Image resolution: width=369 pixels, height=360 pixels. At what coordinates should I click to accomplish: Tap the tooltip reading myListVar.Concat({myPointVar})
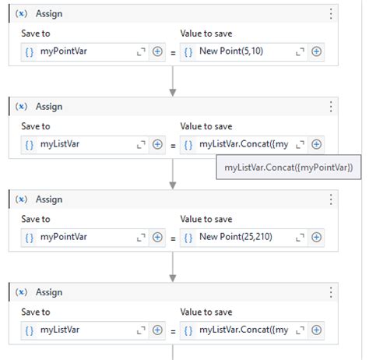click(x=289, y=168)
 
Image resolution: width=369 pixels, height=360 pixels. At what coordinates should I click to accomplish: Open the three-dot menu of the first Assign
click(x=331, y=14)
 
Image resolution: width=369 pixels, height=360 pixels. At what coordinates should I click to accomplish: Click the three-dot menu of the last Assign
click(x=331, y=292)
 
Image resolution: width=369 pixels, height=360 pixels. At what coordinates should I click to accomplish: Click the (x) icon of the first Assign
click(x=21, y=13)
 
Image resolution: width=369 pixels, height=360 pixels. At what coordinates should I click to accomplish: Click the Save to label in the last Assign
click(x=36, y=312)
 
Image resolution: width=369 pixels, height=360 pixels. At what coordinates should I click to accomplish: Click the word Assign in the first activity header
click(x=49, y=14)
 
